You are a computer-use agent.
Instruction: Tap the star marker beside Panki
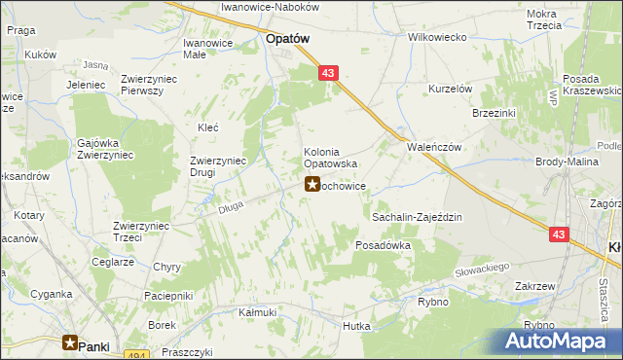click(70, 342)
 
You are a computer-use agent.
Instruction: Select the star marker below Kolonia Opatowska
click(312, 184)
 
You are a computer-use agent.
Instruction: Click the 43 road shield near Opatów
click(329, 73)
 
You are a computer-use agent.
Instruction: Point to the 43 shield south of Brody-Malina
click(558, 234)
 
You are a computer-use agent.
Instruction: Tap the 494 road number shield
click(136, 355)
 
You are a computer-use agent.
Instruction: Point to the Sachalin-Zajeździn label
click(417, 218)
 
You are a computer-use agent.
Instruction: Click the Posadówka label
click(384, 246)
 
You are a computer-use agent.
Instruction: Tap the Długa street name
click(230, 204)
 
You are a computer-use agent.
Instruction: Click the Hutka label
click(357, 326)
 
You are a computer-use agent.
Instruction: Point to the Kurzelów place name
click(451, 89)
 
